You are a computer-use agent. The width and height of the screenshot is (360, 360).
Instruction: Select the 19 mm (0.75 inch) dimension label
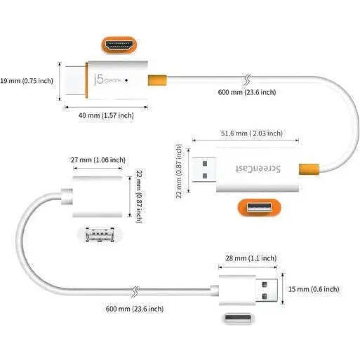pyautogui.click(x=27, y=81)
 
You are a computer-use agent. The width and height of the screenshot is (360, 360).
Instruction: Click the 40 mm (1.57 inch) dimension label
pyautogui.click(x=106, y=116)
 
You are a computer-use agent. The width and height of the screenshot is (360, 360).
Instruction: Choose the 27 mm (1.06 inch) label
pyautogui.click(x=98, y=160)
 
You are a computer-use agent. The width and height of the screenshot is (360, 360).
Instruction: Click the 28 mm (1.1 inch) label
pyautogui.click(x=251, y=258)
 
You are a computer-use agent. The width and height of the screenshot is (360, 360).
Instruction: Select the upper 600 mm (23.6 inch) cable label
pyautogui.click(x=247, y=92)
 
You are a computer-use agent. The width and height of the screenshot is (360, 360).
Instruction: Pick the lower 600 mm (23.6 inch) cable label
pyautogui.click(x=135, y=309)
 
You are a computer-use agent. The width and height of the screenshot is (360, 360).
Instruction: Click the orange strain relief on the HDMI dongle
pyautogui.click(x=157, y=79)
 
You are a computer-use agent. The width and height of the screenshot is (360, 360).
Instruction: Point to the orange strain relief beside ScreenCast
pyautogui.click(x=310, y=169)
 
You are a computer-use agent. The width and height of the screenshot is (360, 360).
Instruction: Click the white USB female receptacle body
pyautogui.click(x=97, y=197)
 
